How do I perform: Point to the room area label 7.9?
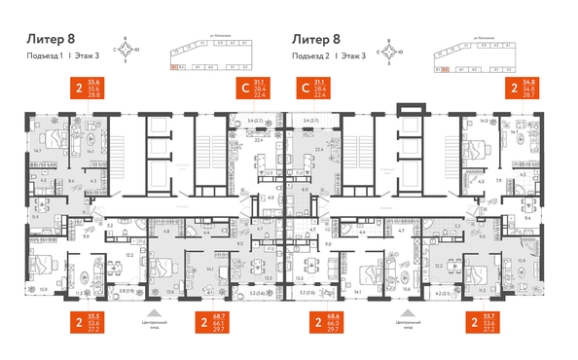click(x=497, y=181)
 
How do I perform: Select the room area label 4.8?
click(x=166, y=232)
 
